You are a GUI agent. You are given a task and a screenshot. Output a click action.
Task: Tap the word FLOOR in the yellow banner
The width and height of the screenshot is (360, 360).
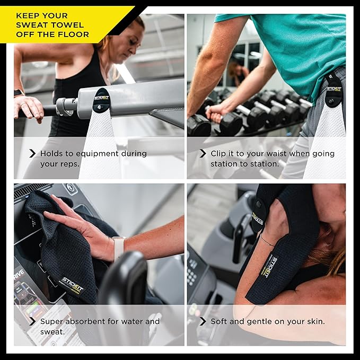pyautogui.click(x=73, y=34)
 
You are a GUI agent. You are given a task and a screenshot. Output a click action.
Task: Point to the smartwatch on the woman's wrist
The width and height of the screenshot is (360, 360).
pyautogui.click(x=19, y=93)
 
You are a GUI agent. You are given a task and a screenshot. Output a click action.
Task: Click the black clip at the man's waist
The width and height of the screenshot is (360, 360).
pyautogui.click(x=333, y=90)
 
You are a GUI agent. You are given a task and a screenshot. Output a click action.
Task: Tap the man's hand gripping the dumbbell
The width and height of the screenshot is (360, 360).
pyautogui.click(x=215, y=113)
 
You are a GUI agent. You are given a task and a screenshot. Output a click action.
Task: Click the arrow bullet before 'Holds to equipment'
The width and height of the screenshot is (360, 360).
pyautogui.click(x=32, y=154)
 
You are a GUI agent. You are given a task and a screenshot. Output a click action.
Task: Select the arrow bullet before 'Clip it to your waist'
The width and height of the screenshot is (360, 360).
pyautogui.click(x=203, y=154)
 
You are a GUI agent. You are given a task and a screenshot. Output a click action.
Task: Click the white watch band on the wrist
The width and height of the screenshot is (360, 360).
pyautogui.click(x=118, y=249)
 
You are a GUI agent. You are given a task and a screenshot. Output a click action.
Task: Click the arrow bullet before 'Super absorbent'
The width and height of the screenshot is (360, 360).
pyautogui.click(x=32, y=321)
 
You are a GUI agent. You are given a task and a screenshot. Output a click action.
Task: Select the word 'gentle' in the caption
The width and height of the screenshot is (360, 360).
pyautogui.click(x=259, y=322)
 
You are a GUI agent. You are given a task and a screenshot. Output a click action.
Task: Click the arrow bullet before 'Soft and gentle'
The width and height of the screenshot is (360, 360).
pyautogui.click(x=203, y=321)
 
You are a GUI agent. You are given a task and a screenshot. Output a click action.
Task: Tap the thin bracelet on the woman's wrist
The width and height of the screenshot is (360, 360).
pyautogui.click(x=267, y=241)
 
